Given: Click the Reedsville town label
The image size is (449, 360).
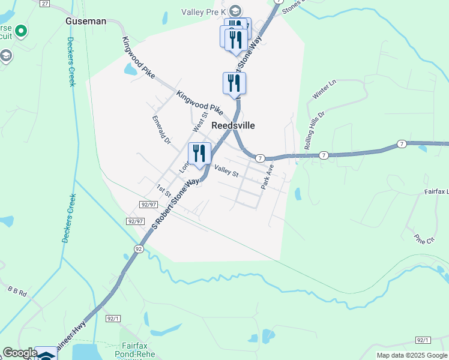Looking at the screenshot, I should [x=233, y=126].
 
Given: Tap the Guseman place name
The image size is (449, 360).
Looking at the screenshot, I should [x=86, y=21].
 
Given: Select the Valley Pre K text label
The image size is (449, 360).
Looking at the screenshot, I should [x=204, y=11].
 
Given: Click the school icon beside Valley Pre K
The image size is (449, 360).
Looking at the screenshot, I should [x=235, y=11].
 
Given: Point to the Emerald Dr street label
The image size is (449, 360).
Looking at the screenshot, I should [x=161, y=130].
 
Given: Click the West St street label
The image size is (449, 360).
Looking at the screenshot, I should [x=199, y=122].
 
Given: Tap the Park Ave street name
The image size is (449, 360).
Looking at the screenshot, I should [x=267, y=178].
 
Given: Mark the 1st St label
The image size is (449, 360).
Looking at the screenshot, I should [x=163, y=190].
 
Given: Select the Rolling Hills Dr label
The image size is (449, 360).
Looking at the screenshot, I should [x=314, y=130].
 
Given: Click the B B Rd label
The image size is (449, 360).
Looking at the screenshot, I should [x=17, y=292].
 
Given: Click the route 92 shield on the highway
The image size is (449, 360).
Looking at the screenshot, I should [x=139, y=249].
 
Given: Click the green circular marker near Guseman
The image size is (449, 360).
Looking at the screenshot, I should [x=22, y=30].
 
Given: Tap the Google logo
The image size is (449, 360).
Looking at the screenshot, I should [x=19, y=353].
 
